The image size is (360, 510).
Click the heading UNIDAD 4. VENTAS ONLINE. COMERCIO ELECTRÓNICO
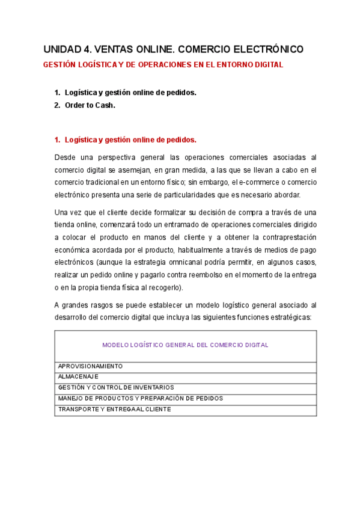[x=174, y=49]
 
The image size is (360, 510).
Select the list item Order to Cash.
[x=90, y=105]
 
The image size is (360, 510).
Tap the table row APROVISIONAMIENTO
[x=90, y=366]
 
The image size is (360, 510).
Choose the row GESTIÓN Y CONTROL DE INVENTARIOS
[x=116, y=388]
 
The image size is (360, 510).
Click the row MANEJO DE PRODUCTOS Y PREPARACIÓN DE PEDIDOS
[x=140, y=399]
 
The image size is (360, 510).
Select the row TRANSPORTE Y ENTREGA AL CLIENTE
[x=114, y=410]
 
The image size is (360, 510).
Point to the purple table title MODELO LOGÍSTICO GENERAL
[x=185, y=345]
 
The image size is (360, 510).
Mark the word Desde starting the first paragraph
[x=64, y=157]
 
